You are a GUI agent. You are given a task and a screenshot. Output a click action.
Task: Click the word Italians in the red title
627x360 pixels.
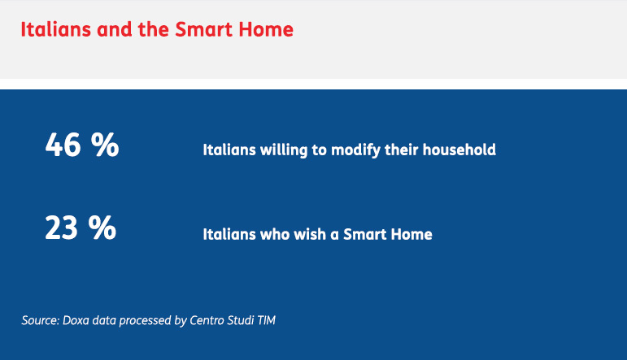point(56,29)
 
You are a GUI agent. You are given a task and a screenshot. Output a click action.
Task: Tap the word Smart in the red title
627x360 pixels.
point(204,29)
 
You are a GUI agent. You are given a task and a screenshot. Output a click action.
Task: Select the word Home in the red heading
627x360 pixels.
point(266,29)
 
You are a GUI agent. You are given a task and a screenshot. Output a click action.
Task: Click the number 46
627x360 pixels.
point(63,145)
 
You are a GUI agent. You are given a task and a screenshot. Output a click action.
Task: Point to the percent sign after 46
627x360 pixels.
point(105,145)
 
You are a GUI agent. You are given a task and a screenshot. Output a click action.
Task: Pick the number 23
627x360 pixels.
point(61,228)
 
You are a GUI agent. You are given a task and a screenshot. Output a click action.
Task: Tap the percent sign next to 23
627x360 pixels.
point(102,228)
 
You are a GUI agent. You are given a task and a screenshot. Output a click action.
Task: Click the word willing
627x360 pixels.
point(284,150)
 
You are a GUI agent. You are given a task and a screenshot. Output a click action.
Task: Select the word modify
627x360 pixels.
point(355,150)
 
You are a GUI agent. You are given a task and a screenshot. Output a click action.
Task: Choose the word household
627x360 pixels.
point(459,150)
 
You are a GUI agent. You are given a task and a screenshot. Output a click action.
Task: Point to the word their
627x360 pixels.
point(402,150)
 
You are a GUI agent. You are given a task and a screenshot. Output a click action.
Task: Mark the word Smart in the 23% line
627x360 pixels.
point(364,234)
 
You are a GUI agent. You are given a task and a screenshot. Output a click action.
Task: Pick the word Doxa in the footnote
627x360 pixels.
point(76,320)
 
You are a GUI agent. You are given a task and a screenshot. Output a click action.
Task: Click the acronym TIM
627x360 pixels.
point(266,320)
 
